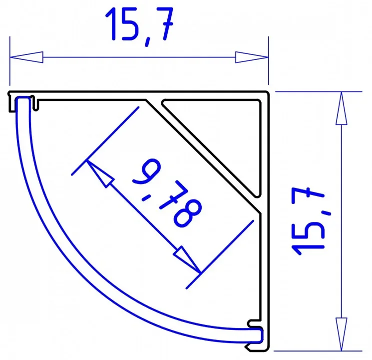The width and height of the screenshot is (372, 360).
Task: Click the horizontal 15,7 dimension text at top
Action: click(139, 26)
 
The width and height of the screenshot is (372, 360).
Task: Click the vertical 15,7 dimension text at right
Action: click(309, 221)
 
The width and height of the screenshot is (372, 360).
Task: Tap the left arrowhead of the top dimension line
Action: click(26, 57)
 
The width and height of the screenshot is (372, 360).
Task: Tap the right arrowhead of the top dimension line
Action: click(252, 57)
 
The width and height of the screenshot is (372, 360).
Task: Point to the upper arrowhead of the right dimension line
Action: click(342, 108)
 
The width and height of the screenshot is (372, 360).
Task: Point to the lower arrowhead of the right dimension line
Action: click(342, 334)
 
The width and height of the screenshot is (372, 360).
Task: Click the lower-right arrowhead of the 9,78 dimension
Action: click(187, 259)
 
